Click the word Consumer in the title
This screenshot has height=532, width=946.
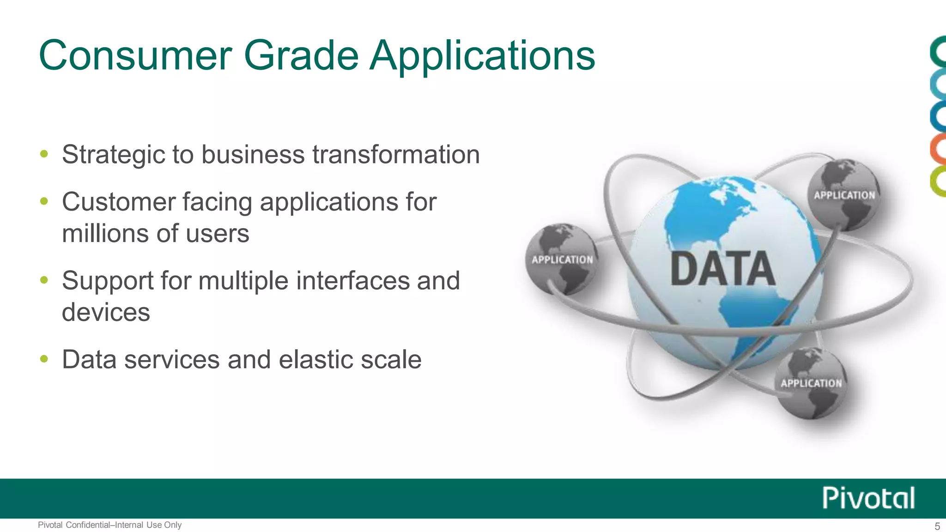click(135, 56)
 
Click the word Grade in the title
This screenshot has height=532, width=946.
click(301, 56)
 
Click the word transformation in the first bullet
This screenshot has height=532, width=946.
click(396, 155)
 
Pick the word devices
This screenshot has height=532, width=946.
click(106, 313)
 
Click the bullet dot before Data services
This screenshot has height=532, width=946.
click(44, 359)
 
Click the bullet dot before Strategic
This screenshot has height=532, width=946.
click(44, 154)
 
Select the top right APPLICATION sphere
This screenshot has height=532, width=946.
click(844, 195)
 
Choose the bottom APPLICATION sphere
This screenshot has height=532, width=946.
click(811, 383)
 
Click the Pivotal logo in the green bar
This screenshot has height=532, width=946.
click(868, 498)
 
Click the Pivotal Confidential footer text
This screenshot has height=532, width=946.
click(109, 525)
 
